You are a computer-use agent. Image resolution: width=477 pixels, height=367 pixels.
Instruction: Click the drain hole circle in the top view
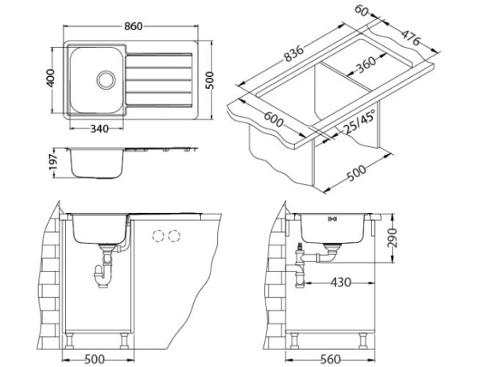pos(104,79)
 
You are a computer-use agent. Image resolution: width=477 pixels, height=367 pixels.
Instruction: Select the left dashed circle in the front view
pos(157,236)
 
